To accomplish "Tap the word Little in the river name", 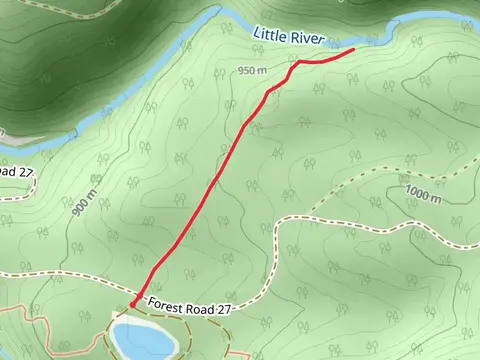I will tap(270, 35).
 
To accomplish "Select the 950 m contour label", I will tap(253, 70).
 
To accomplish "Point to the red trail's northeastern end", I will tap(353, 49).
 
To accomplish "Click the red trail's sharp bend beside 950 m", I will tap(298, 61).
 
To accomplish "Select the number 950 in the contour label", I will tap(247, 70).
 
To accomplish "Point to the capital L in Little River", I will tap(257, 34).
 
